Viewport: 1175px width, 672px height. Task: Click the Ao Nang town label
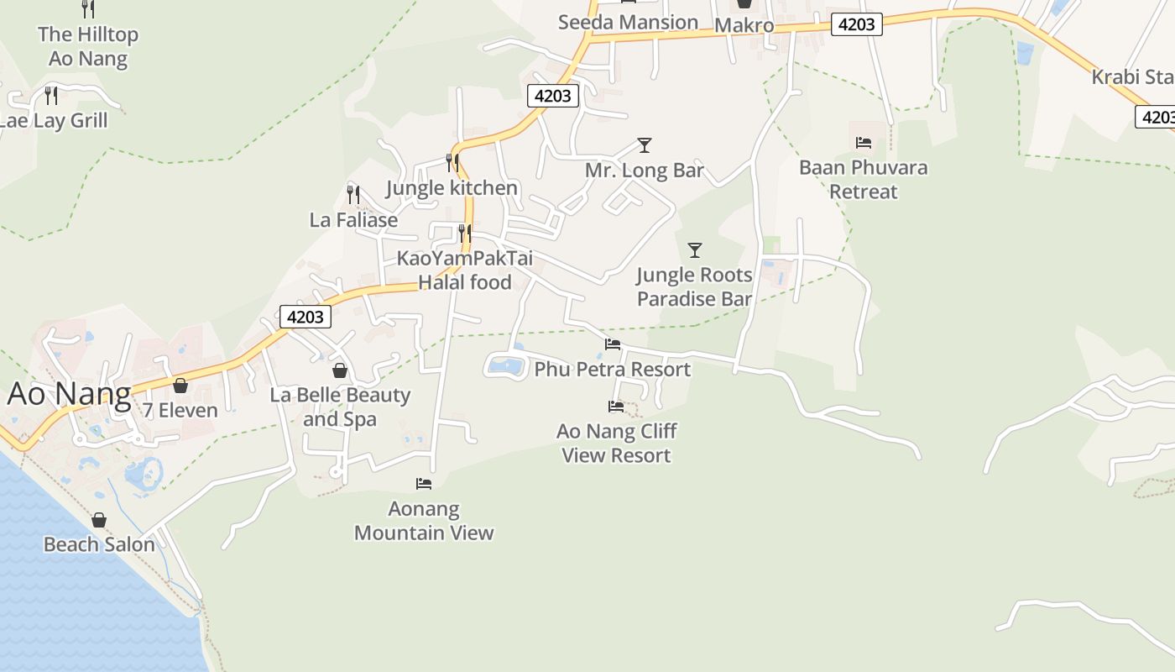70,395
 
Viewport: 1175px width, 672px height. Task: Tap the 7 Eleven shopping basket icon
180,386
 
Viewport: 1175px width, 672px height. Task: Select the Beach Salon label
99,544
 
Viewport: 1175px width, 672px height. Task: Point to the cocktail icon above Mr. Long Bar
644,145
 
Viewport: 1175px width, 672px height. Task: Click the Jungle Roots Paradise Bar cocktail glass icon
694,249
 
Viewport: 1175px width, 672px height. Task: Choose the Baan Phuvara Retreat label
863,179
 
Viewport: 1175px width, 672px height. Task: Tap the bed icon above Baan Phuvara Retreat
863,143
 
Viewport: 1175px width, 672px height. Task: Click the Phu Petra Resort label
613,370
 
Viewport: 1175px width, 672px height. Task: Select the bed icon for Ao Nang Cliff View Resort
615,407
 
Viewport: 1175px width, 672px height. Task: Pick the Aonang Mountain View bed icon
424,484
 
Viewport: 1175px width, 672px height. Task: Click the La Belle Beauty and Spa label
340,407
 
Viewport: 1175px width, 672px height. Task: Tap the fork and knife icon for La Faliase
353,195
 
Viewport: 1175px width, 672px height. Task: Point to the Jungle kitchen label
452,187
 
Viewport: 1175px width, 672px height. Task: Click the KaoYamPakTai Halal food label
465,270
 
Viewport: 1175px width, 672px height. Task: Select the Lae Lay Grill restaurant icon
51,95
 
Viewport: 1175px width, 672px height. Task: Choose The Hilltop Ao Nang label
88,46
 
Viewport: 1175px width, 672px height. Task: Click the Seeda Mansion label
628,22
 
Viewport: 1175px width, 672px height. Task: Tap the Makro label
744,25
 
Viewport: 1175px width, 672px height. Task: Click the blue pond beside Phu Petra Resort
506,365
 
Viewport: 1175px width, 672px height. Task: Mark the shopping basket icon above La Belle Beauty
340,370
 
